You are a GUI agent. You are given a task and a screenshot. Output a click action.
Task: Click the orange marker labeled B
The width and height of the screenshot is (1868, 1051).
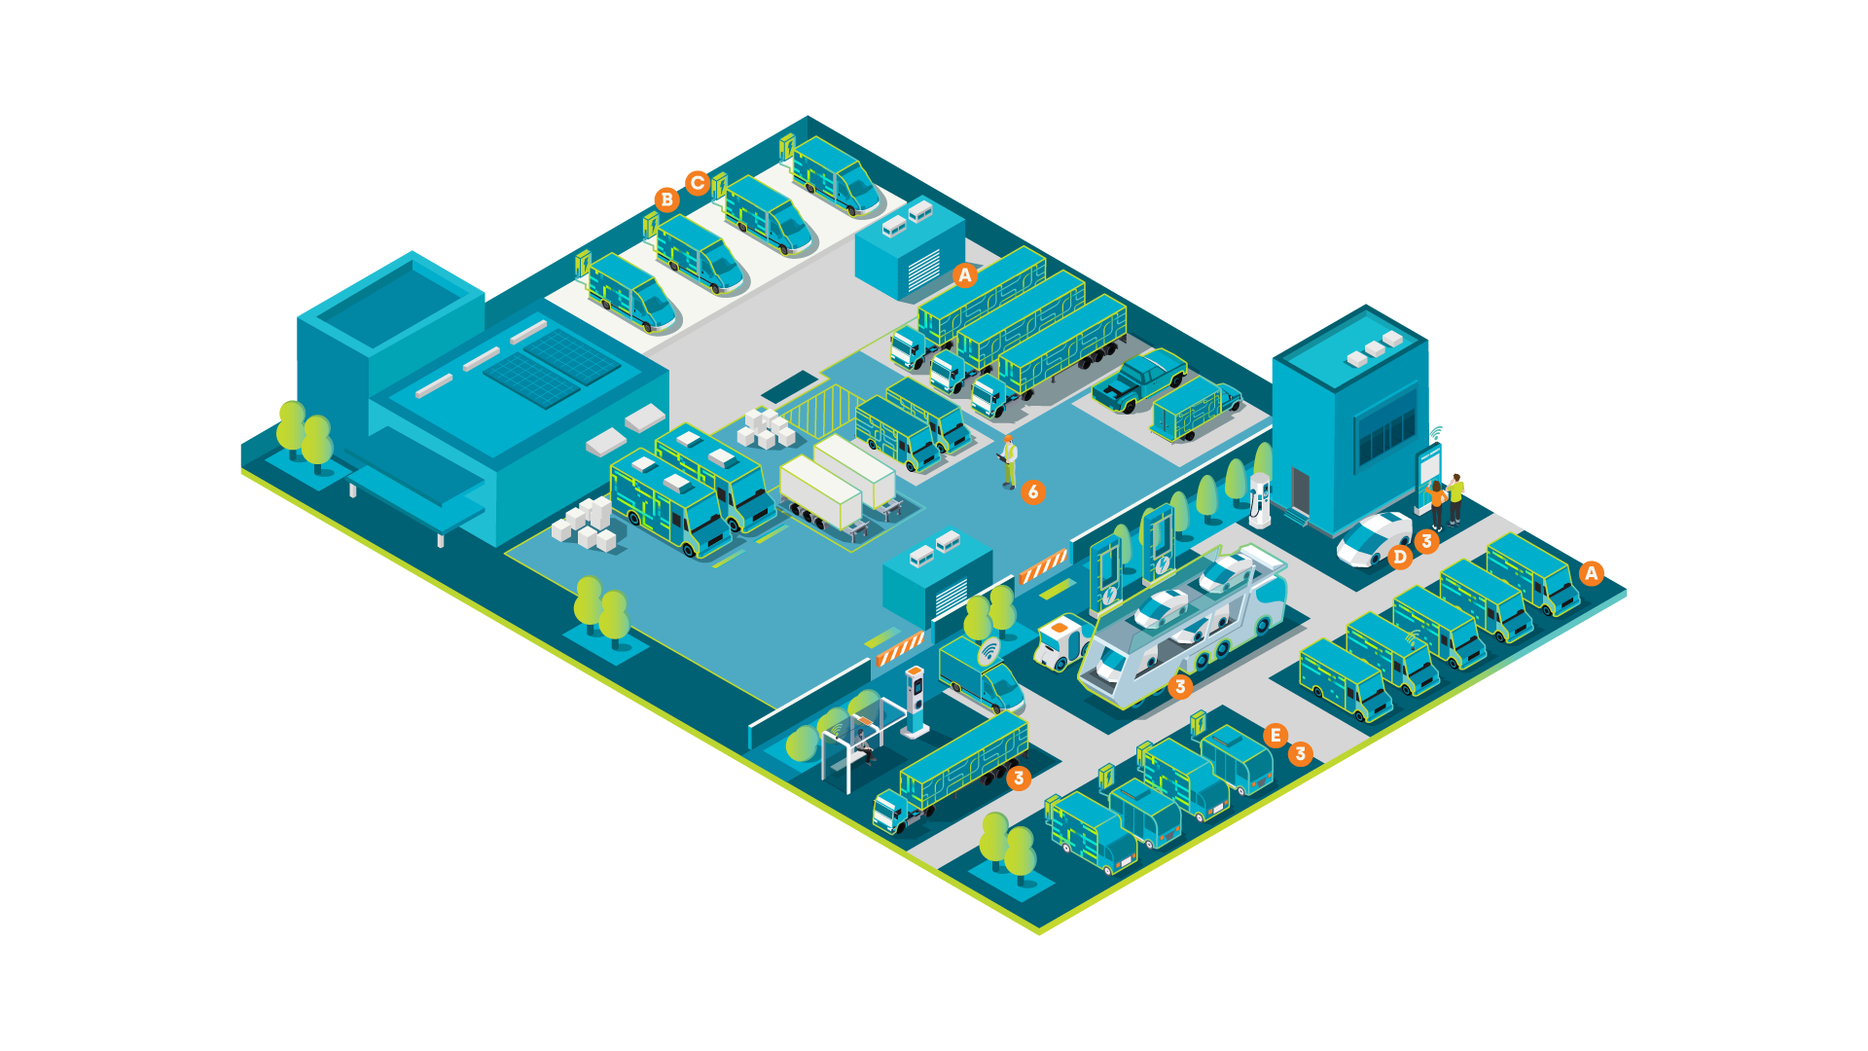point(666,199)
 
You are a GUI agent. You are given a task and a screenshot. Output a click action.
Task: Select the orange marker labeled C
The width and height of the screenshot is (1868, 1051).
point(697,183)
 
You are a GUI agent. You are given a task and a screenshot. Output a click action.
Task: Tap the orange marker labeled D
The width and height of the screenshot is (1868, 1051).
point(1399,557)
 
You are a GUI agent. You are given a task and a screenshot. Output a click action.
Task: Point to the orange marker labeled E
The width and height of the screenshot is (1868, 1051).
point(1275,736)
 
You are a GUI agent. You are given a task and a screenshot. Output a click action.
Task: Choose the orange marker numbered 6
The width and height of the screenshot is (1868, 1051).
point(1033,492)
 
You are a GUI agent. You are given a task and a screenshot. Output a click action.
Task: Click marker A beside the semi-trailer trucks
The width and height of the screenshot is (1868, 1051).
point(964,275)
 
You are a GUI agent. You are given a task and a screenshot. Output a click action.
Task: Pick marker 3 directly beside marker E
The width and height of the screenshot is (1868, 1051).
point(1300,753)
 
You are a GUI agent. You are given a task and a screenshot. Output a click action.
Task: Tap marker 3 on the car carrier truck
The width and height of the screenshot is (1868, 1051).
point(1180,687)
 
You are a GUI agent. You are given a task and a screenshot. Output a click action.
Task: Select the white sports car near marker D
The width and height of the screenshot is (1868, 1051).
point(1374,539)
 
